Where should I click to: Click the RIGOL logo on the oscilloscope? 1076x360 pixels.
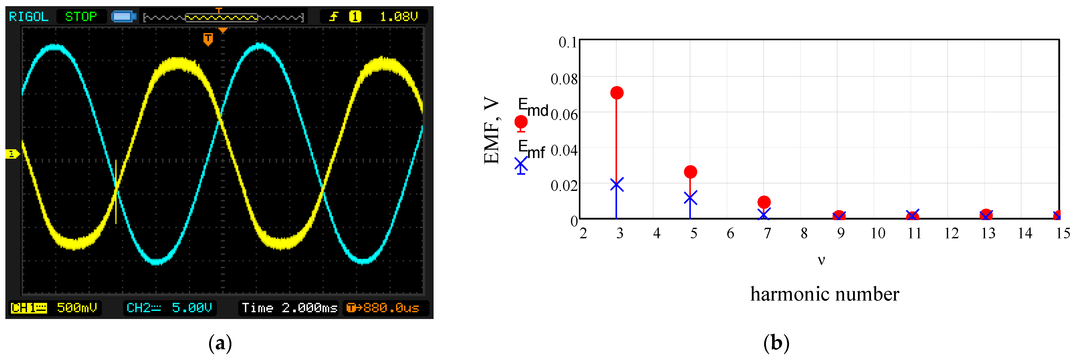[x=28, y=17]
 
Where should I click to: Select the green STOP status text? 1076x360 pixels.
[x=81, y=17]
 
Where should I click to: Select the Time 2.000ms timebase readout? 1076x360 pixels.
[x=289, y=308]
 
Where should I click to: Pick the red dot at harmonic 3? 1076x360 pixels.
[x=617, y=93]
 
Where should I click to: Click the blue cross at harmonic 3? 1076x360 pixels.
[x=617, y=184]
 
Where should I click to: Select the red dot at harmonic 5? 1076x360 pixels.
[x=690, y=172]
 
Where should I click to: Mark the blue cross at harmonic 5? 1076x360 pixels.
[x=690, y=198]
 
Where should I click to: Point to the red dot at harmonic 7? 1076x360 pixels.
[x=764, y=202]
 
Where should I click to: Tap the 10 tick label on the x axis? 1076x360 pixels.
[x=878, y=233]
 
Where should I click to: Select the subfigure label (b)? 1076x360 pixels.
[x=776, y=343]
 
